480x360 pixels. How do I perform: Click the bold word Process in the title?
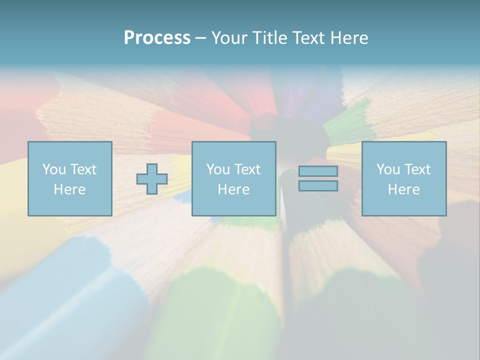[157, 38]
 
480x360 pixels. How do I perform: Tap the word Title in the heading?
[270, 38]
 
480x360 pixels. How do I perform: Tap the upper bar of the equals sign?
[318, 171]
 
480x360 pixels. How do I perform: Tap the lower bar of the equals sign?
[318, 186]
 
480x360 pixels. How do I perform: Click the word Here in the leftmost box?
[69, 189]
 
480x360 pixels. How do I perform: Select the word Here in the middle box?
[233, 189]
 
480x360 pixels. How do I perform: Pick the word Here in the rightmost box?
[403, 189]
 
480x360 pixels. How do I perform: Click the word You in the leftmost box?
[54, 169]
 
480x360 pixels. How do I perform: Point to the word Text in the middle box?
[248, 169]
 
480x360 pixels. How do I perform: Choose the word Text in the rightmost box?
[418, 169]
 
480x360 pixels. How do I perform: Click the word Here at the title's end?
[349, 38]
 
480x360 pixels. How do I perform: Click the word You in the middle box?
[218, 169]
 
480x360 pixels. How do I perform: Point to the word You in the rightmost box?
[388, 169]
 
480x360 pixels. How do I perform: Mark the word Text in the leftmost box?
[84, 169]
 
